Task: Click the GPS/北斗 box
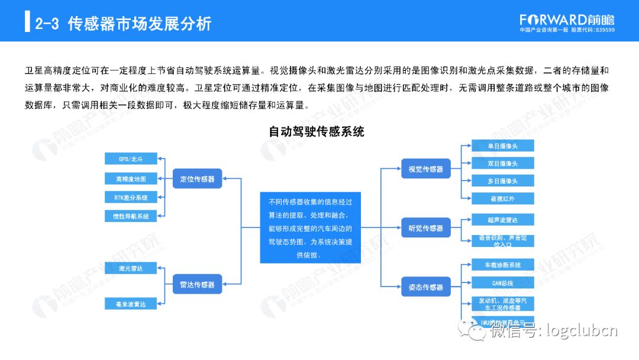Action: click(131, 159)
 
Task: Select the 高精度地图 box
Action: click(131, 178)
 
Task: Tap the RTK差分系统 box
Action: click(131, 197)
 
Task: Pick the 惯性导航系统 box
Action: click(131, 216)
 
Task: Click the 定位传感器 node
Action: click(197, 178)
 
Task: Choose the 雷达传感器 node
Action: click(197, 285)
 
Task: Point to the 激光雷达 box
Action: click(131, 269)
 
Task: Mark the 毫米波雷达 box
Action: click(131, 304)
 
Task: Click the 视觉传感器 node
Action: click(425, 169)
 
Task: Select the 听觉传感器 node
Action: click(425, 228)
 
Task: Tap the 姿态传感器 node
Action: click(425, 287)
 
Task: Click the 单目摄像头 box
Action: click(502, 146)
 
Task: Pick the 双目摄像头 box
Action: click(502, 163)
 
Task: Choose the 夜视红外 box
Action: click(502, 198)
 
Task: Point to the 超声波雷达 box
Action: click(502, 220)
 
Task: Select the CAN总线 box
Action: click(502, 283)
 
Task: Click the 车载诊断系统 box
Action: click(502, 265)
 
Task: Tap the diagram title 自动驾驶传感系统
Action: click(317, 131)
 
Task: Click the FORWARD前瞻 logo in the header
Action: click(567, 20)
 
